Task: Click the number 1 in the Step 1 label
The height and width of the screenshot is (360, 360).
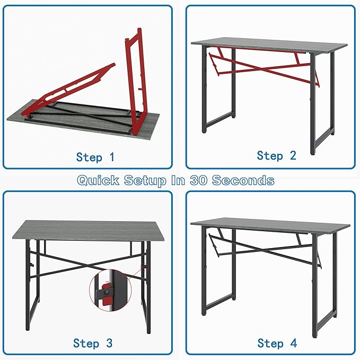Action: click(x=112, y=157)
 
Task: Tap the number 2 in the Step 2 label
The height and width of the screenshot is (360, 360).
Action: click(x=293, y=155)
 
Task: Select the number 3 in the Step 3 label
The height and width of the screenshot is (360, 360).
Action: click(x=109, y=343)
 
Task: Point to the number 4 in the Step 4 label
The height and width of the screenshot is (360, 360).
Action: click(x=294, y=343)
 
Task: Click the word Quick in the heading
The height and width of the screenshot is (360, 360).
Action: click(x=99, y=180)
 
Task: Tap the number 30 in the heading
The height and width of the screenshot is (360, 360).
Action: click(x=199, y=180)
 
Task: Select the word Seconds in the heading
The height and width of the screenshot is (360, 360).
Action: click(x=243, y=180)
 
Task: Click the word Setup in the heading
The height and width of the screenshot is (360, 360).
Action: click(x=145, y=180)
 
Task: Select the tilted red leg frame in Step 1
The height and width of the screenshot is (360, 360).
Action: click(x=69, y=89)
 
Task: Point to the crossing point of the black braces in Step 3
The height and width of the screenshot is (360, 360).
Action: click(x=87, y=266)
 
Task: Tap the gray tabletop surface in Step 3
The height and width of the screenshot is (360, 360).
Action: click(x=89, y=230)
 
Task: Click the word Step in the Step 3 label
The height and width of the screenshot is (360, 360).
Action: click(x=86, y=344)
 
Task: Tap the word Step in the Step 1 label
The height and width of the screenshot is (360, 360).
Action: click(x=89, y=157)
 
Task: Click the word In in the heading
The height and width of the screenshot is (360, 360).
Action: click(x=178, y=180)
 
